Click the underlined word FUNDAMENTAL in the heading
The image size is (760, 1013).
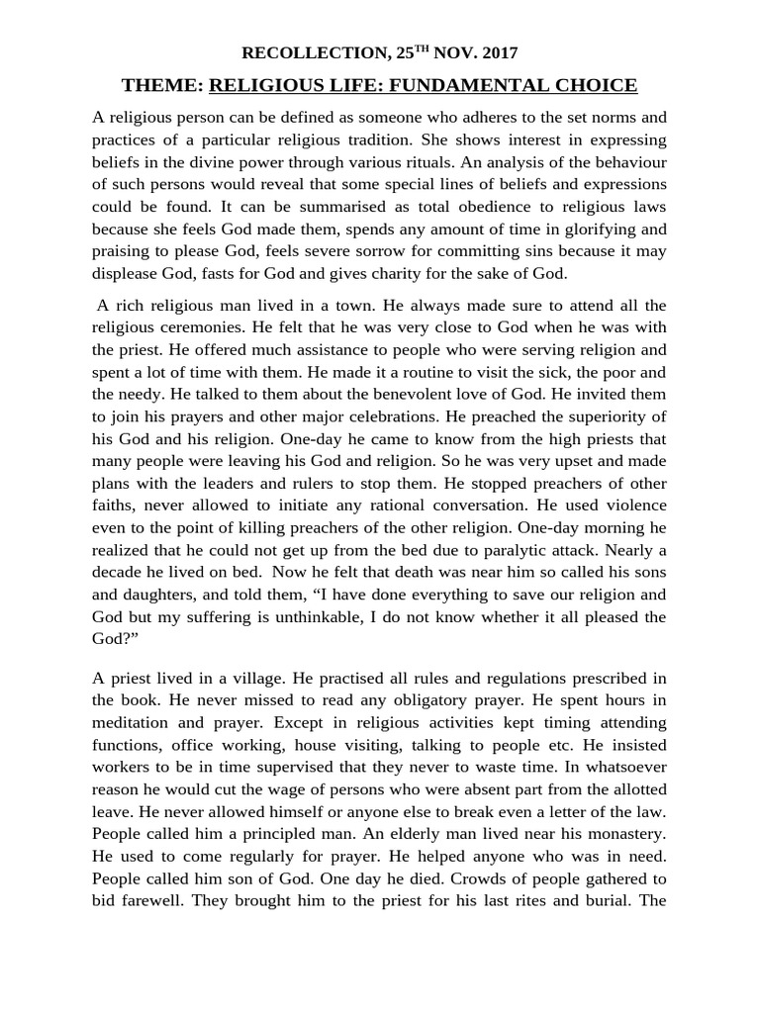click(x=460, y=85)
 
